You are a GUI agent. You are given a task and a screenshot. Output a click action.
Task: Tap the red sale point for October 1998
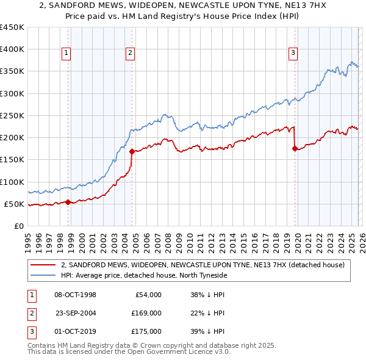68,202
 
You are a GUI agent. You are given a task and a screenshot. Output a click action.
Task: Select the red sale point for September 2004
132,151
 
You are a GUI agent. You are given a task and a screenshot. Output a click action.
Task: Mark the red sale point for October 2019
295,148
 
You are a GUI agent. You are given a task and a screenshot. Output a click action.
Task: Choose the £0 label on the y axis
18,226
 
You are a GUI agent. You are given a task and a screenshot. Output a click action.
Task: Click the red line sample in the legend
43,265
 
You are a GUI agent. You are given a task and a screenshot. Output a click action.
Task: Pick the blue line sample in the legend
43,275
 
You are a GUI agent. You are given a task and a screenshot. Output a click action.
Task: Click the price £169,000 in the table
146,313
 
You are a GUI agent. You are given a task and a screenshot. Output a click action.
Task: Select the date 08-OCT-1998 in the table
75,295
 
